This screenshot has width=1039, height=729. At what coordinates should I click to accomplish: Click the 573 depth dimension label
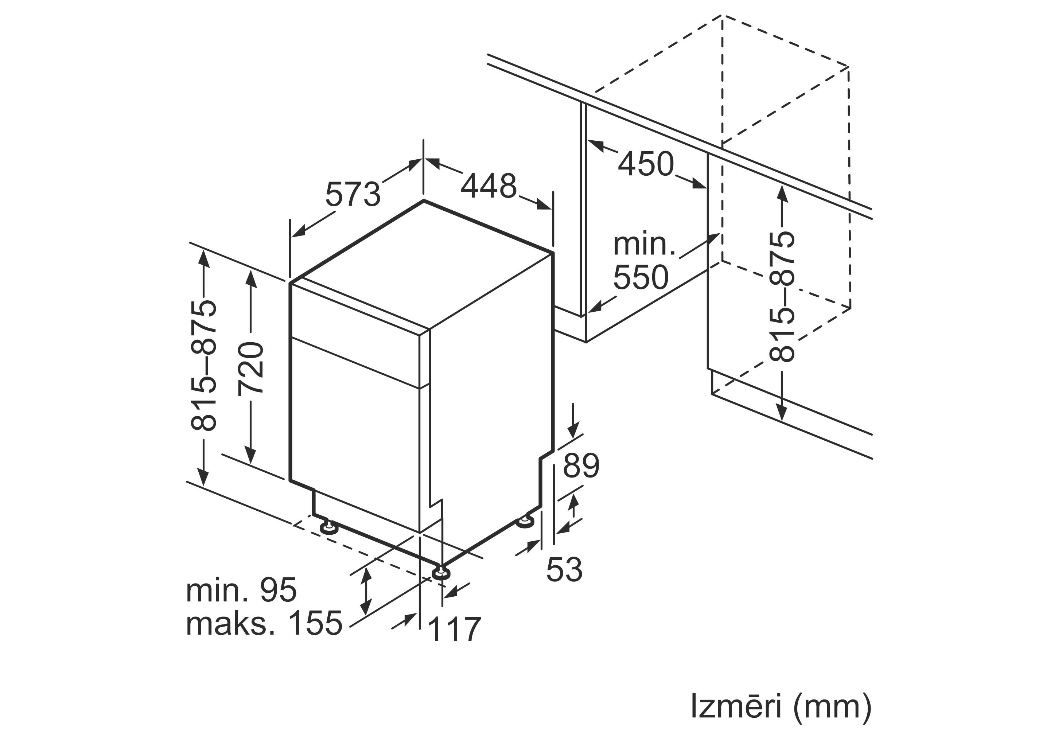(353, 194)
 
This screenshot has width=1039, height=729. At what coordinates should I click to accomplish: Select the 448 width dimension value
(489, 186)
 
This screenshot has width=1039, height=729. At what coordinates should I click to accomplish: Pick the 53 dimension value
(564, 569)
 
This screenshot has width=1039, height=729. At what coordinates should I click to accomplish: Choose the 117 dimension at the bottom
(454, 629)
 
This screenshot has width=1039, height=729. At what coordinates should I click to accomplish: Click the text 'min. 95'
(241, 590)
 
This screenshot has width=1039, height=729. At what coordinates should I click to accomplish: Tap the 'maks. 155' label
(264, 623)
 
